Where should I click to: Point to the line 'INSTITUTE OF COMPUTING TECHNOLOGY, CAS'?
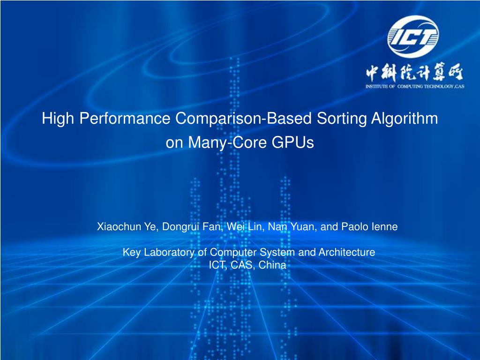coord(414,87)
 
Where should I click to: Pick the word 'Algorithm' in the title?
coord(405,119)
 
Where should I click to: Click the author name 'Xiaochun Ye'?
coord(126,227)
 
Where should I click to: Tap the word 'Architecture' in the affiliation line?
coord(347,252)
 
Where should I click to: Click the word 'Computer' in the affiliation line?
coord(233,252)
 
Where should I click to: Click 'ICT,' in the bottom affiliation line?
coord(217,265)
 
